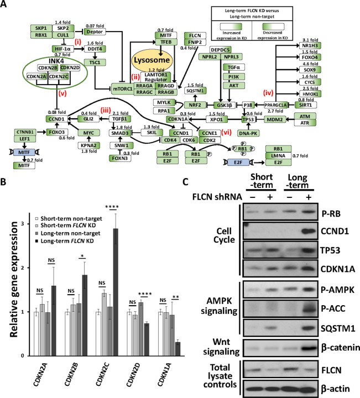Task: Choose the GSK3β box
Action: click(x=227, y=105)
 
